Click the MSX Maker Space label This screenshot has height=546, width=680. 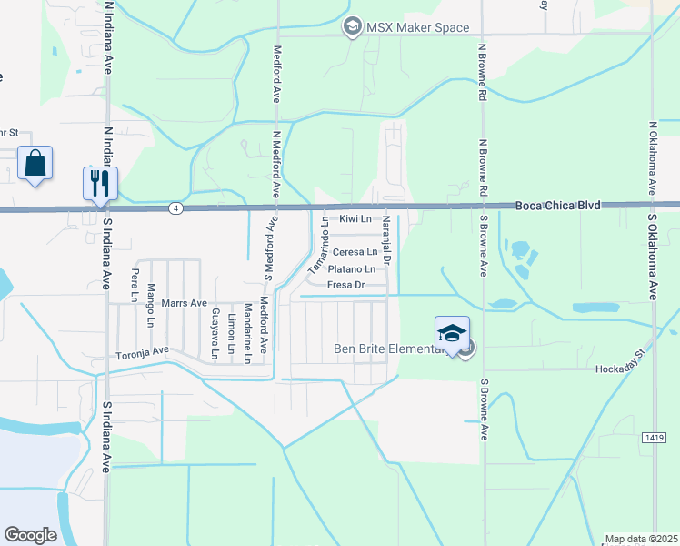(417, 28)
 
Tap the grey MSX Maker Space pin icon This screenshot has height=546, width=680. (352, 28)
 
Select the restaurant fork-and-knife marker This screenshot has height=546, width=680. (98, 183)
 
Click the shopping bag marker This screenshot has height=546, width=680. (35, 164)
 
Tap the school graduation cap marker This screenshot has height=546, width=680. (452, 333)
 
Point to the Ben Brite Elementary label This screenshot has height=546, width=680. (392, 348)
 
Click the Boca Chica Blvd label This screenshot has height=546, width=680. (558, 207)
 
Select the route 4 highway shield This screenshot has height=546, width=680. (173, 208)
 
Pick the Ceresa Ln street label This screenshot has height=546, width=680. (355, 252)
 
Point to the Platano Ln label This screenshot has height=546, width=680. (351, 269)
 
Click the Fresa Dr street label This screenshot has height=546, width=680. (346, 285)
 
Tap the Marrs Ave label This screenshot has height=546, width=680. (185, 303)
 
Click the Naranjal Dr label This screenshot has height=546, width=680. (386, 241)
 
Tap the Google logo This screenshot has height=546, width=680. (30, 534)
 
